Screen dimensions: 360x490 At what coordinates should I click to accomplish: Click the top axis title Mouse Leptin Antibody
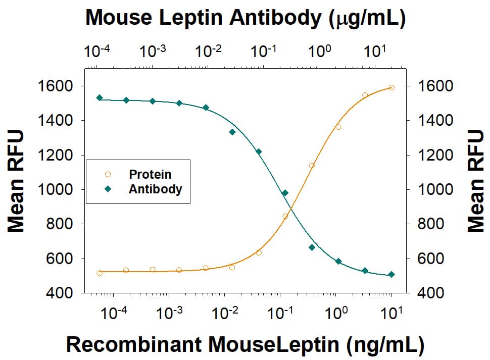(245, 18)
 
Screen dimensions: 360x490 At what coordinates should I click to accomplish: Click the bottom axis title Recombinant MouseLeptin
(245, 344)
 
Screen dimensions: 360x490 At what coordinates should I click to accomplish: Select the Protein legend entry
(150, 175)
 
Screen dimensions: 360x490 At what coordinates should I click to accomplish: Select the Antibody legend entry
(155, 189)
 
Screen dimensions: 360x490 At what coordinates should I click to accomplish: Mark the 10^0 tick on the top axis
(319, 52)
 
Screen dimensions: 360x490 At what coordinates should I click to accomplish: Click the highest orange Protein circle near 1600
(391, 87)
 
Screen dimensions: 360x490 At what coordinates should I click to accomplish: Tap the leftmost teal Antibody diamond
(100, 98)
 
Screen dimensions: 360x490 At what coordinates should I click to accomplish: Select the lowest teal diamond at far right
(391, 275)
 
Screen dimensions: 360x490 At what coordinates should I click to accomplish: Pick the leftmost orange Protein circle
(100, 273)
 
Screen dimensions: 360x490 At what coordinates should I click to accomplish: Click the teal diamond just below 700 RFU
(312, 247)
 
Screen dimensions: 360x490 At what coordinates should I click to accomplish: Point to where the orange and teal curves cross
(290, 209)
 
